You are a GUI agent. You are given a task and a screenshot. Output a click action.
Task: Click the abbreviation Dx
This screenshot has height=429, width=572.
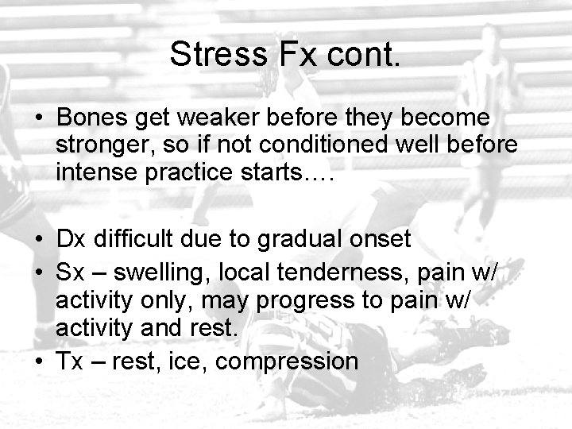tap(70, 240)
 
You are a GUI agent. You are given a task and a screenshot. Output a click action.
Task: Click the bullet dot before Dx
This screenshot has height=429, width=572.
tap(41, 240)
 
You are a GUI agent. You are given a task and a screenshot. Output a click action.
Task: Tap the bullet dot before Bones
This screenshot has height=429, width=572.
tap(41, 118)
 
